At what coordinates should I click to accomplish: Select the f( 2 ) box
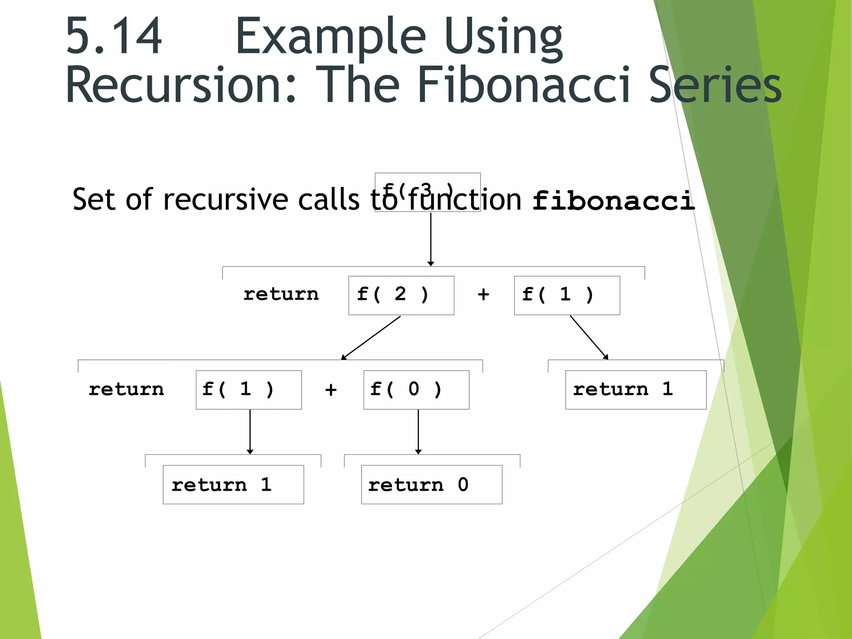(401, 295)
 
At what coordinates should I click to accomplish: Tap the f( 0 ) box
(416, 390)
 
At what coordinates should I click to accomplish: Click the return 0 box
(431, 485)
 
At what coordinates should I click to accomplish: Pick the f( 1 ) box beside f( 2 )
(567, 295)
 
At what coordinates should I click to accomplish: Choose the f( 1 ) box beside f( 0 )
(248, 390)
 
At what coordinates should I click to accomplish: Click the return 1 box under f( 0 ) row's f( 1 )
(233, 485)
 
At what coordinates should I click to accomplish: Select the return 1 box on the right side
(636, 390)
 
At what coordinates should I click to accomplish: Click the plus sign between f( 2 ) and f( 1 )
(483, 295)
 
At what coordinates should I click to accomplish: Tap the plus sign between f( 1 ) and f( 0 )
(331, 390)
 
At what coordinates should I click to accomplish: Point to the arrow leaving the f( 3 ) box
(431, 239)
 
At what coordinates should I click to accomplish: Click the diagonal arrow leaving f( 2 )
(371, 337)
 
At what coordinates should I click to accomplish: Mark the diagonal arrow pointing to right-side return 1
(589, 337)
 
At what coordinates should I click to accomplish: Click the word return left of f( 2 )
(281, 295)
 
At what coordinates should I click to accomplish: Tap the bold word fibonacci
(613, 201)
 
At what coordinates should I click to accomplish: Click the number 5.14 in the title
(113, 37)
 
